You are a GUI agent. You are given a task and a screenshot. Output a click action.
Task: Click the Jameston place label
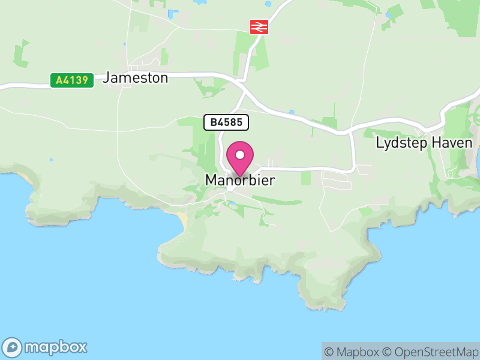coord(136,77)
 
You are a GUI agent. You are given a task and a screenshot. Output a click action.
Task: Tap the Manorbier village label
coord(240,180)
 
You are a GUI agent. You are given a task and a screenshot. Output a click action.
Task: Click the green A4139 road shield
coord(72,80)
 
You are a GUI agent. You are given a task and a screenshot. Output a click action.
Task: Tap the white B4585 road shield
coord(226,122)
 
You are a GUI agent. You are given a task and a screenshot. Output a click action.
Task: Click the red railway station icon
coord(259,26)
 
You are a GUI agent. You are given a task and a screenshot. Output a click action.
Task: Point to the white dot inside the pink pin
coord(240,155)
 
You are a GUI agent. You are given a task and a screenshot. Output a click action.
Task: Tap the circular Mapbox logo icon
coord(13,347)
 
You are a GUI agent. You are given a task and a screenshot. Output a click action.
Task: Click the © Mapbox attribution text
coord(354,352)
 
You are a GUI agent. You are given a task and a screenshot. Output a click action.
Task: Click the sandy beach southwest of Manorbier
coord(183,220)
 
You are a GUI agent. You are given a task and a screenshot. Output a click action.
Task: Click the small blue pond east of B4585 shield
coord(292,112)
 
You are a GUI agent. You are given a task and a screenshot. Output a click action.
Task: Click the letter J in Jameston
coord(107,77)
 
